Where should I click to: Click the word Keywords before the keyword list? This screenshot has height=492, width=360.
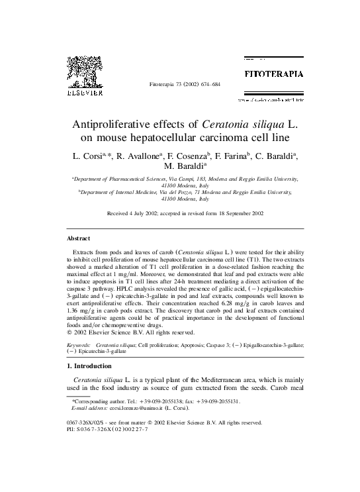click(80, 345)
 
